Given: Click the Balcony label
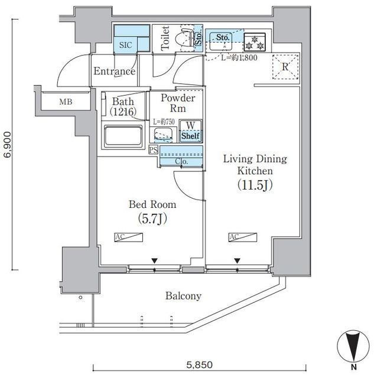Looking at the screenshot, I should point(183,296).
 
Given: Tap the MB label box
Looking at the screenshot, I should point(66,102).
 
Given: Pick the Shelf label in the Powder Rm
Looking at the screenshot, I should point(190,136).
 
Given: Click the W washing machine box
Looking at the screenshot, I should point(191,125).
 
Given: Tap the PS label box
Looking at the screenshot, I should point(153,149).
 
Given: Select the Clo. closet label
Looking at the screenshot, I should point(182,161).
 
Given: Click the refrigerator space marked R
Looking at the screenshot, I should point(285,67).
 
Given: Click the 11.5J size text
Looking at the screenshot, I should point(254,185).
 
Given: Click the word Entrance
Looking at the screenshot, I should point(115,71).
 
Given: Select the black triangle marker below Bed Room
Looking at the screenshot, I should point(155,260).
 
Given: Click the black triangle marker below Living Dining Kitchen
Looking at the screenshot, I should point(237,260).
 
